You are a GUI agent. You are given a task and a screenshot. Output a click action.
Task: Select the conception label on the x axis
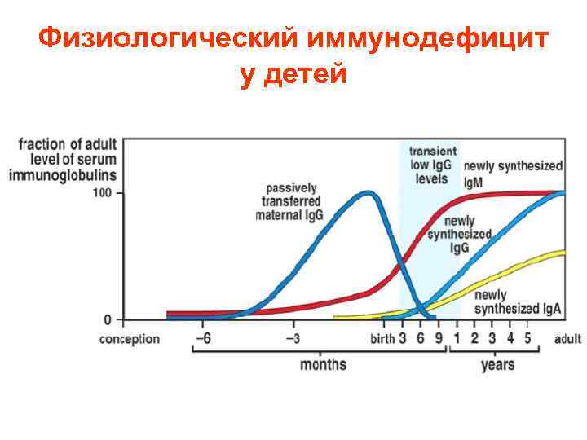point(130,338)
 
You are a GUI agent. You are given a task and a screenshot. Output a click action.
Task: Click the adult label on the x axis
point(567,338)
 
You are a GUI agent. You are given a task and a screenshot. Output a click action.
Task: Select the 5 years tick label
point(527,338)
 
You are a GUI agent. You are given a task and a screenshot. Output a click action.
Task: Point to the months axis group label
point(323,364)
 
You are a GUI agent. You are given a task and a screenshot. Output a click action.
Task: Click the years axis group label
point(497,364)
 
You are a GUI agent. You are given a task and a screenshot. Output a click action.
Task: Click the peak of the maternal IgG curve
point(369,194)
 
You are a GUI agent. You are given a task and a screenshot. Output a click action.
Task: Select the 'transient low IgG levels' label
point(432,165)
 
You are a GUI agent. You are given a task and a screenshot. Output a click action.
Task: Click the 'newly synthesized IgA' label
point(518,302)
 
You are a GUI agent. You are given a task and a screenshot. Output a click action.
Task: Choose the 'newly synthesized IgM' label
point(512,174)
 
